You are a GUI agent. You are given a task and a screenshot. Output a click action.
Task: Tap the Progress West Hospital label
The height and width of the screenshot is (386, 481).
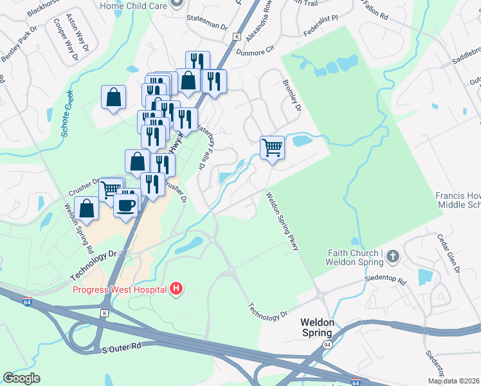(120, 289)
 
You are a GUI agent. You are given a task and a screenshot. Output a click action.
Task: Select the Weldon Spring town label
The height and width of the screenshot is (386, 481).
(317, 327)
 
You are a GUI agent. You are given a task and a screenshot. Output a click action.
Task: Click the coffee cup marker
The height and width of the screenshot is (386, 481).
(125, 205)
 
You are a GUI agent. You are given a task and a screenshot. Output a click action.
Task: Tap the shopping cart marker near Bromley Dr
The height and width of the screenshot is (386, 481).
(272, 147)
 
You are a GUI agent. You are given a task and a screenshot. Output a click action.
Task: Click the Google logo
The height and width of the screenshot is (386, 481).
(21, 378)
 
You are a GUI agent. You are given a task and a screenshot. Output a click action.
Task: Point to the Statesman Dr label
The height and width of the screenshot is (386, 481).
(206, 28)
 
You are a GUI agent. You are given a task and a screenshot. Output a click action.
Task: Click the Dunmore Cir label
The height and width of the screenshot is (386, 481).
(257, 47)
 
